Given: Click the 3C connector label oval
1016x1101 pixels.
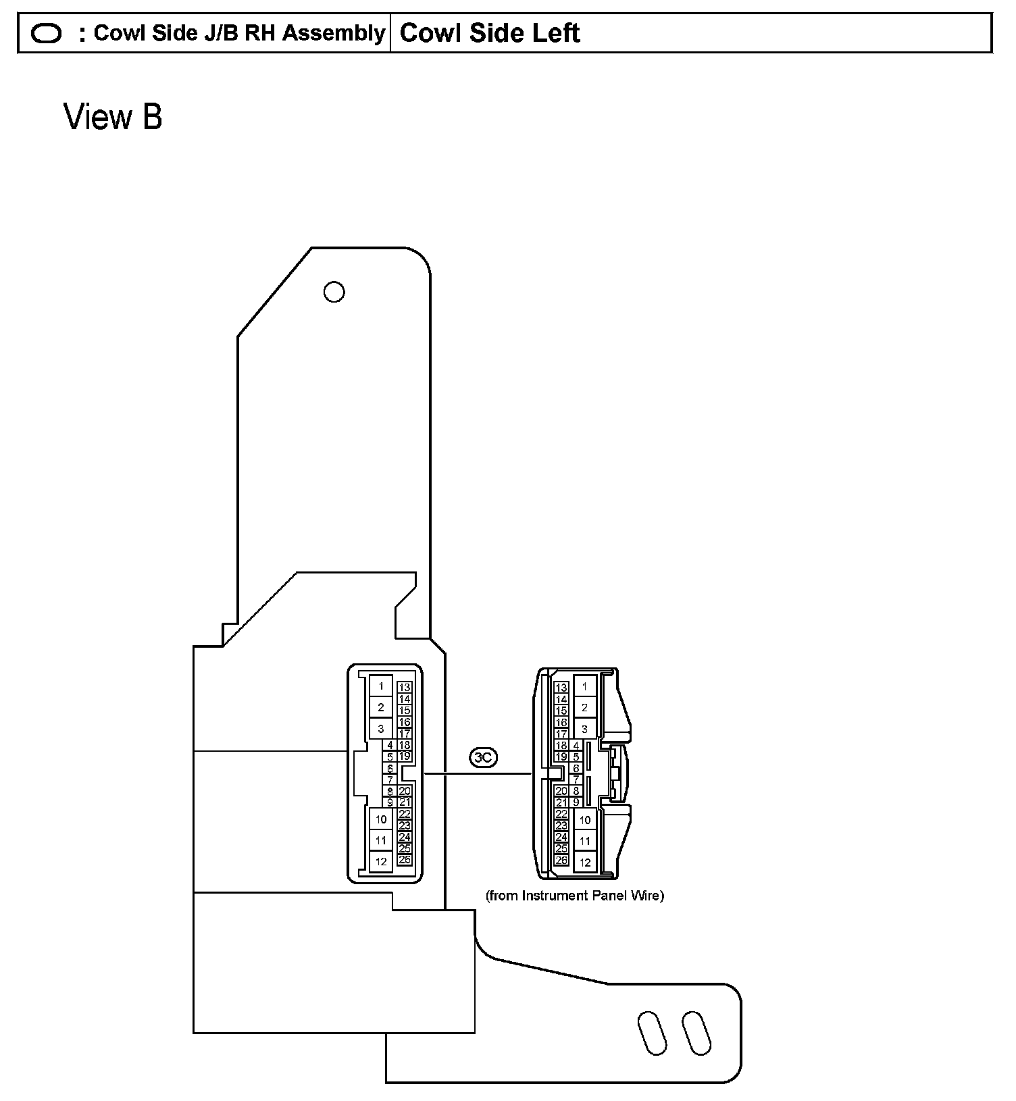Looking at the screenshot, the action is [483, 758].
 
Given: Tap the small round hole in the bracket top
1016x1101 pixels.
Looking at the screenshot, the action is [334, 292].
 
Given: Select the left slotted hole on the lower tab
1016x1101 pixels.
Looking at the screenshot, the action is [653, 1033].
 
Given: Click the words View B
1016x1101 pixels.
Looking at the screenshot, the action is [113, 117].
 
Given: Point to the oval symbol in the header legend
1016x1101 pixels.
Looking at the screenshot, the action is [47, 33].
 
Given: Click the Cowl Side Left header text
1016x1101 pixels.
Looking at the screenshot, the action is [490, 33].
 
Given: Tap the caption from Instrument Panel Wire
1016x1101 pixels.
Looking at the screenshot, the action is [575, 896].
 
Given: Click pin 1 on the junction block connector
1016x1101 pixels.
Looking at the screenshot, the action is [381, 686].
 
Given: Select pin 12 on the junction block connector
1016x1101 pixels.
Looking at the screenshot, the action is [381, 861].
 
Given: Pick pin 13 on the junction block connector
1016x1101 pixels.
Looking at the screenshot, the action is [405, 688].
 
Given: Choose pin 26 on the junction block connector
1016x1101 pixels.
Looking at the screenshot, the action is [405, 860].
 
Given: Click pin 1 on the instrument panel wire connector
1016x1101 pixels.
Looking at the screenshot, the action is [584, 686].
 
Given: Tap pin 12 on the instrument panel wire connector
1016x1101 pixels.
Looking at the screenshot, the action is [585, 862].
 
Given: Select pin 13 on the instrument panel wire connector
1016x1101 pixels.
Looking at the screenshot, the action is [561, 688].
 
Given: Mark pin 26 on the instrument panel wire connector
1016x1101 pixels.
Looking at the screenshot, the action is [561, 861].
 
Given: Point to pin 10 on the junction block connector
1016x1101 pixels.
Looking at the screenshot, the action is [381, 819].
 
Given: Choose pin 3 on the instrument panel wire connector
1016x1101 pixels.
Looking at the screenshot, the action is [584, 729].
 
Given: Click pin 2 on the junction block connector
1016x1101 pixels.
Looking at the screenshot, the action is [381, 707].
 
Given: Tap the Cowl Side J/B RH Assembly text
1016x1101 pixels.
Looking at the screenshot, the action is [238, 33].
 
